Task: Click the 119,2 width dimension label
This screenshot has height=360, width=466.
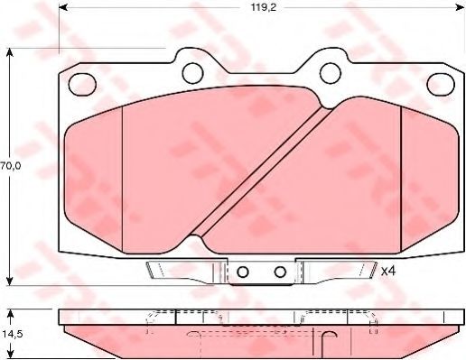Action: [264, 7]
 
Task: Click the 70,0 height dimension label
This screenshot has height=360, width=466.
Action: [11, 166]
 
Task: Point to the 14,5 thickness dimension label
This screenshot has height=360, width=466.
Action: [11, 334]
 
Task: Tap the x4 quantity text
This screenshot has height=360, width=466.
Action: [387, 272]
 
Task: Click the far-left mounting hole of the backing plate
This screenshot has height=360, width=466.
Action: [82, 84]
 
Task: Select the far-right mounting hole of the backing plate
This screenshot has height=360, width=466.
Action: [441, 84]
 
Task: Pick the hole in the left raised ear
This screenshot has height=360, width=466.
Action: [192, 73]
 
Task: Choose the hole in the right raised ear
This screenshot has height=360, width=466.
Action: [331, 73]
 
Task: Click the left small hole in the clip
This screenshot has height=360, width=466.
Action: [243, 272]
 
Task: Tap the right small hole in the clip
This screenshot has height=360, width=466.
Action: [280, 272]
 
